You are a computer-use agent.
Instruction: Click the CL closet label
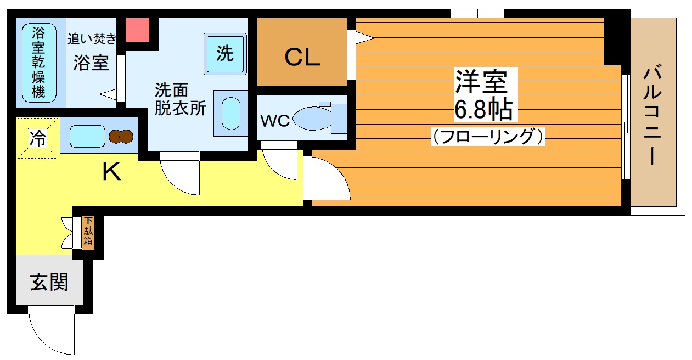tap(302, 57)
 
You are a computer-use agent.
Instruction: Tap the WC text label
tap(274, 121)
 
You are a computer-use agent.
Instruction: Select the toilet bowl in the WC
tap(312, 119)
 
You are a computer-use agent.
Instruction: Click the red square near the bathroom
tap(138, 30)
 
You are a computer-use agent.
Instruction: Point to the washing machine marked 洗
tap(225, 54)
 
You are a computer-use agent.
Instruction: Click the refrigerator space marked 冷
tap(38, 138)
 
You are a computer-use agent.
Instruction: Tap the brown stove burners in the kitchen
tap(121, 136)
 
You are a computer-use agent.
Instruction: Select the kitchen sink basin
tap(87, 136)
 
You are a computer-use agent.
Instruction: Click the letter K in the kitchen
tap(111, 172)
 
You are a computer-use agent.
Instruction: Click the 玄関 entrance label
tap(49, 282)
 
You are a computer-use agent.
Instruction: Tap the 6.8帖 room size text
tap(483, 110)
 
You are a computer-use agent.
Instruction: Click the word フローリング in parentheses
tap(488, 137)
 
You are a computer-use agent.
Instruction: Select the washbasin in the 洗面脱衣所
tap(231, 114)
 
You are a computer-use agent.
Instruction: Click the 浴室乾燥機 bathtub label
tap(38, 63)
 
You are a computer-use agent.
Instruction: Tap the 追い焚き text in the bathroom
tap(92, 38)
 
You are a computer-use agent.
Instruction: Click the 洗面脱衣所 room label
tap(181, 99)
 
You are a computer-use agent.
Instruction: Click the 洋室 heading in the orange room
tap(482, 82)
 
